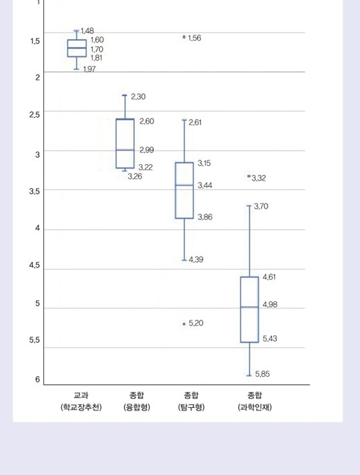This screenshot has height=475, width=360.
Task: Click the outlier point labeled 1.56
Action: coord(184,37)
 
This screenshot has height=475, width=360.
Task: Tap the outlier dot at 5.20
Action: coord(184,324)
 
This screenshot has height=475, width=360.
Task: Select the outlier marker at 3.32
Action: coord(249,176)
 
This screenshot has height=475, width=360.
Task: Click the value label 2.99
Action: coord(147,150)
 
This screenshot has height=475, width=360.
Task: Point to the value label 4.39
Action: coord(196,260)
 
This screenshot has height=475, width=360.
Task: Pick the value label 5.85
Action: coord(262,374)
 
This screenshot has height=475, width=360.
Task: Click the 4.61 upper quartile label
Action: coord(269,277)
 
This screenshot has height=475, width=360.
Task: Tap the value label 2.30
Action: coord(138,96)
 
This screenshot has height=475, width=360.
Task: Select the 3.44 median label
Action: coord(205,185)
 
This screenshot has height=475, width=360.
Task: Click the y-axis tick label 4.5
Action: coord(34,266)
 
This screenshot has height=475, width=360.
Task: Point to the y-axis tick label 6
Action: coord(38,379)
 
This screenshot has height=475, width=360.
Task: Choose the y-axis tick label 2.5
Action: coord(34,114)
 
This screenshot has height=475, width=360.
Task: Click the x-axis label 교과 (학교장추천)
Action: coord(81,401)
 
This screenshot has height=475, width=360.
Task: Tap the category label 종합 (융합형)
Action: coord(137,401)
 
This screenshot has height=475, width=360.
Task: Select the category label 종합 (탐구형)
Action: coord(191,401)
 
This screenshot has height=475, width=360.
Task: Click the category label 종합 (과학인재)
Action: coord(255,401)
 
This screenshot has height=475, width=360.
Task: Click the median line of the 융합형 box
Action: coord(125,150)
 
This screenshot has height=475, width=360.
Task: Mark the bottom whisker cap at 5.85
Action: coord(249,375)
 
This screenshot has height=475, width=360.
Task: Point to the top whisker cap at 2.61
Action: coord(184,120)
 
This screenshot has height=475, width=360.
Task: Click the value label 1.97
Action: coord(89,70)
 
